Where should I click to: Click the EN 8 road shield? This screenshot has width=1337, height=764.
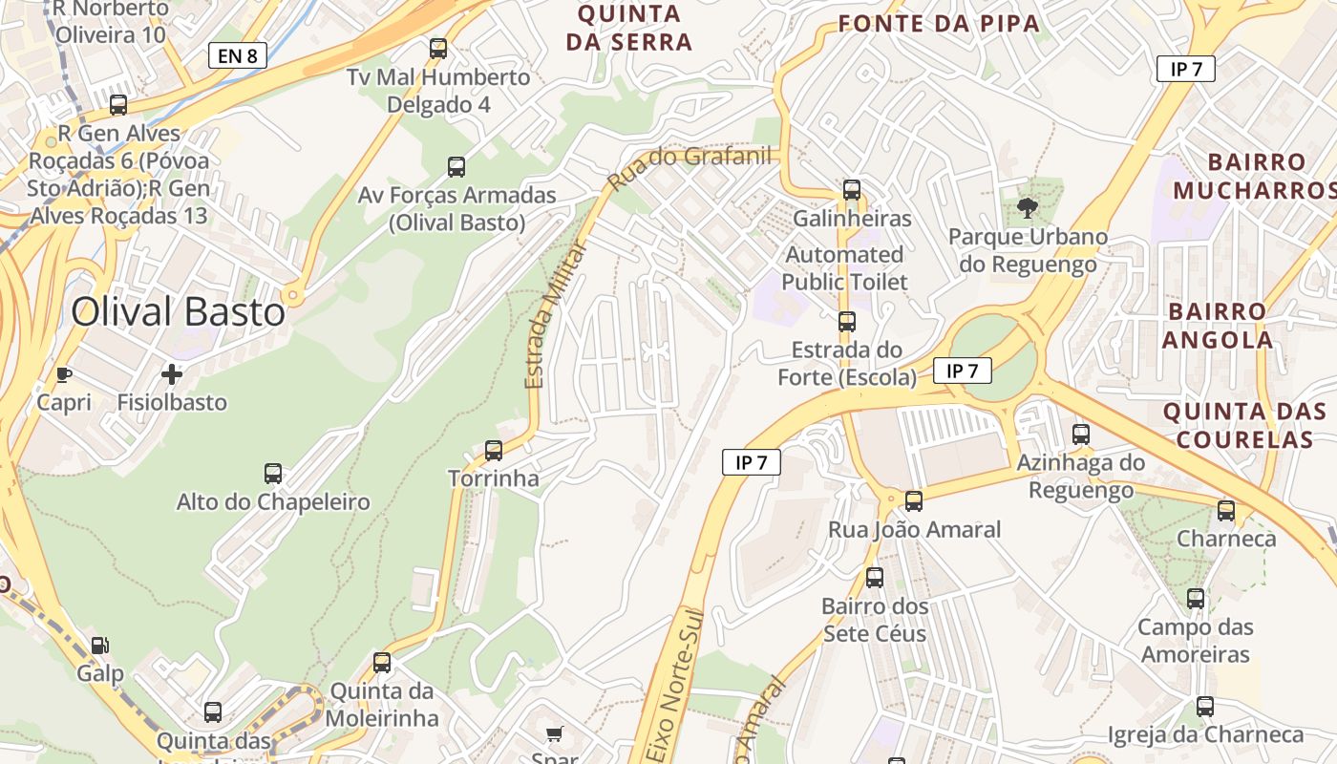(237, 55)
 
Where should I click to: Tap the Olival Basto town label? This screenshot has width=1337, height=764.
(179, 312)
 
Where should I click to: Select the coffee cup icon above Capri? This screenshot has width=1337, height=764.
(64, 374)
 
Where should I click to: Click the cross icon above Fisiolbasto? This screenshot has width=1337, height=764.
(172, 373)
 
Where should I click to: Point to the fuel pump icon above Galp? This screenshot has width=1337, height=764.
(100, 646)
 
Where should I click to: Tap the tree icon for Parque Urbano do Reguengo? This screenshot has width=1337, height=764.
(1028, 207)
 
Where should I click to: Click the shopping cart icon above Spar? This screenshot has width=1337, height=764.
(554, 733)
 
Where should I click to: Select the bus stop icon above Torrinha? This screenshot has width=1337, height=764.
(494, 450)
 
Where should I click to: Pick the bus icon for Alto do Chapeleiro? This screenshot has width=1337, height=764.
(273, 473)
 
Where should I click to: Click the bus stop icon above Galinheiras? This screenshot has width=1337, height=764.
(852, 190)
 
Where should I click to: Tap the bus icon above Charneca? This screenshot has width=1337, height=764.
(1226, 510)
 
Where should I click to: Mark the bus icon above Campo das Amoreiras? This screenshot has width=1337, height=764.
(1196, 599)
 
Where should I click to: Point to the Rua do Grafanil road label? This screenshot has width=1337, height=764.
(690, 164)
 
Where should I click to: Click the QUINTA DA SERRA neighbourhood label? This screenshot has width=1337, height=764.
(629, 28)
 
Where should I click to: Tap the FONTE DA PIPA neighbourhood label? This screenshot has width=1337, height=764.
(939, 24)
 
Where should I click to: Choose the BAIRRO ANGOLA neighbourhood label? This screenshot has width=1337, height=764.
(1218, 326)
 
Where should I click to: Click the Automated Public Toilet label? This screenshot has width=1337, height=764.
(844, 268)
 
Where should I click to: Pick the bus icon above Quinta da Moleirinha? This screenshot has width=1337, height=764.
(382, 662)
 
